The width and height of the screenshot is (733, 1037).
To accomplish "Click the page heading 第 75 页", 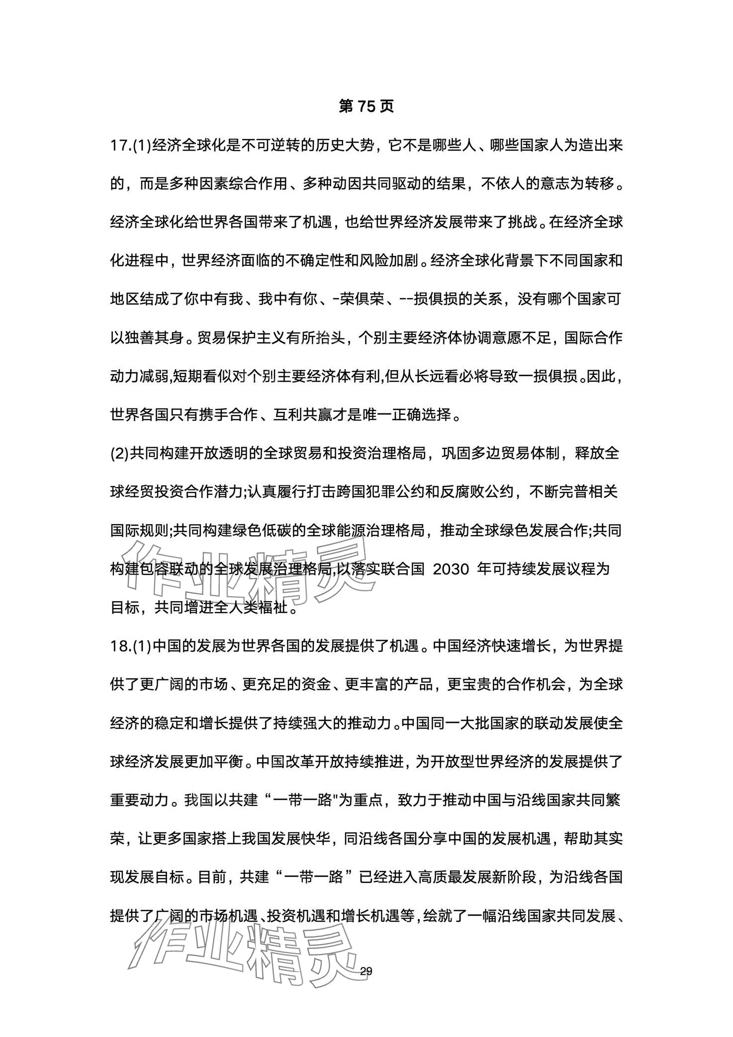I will pyautogui.click(x=366, y=106).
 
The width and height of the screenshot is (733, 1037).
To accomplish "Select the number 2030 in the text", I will pyautogui.click(x=451, y=569).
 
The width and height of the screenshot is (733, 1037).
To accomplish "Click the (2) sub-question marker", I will pyautogui.click(x=119, y=453).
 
